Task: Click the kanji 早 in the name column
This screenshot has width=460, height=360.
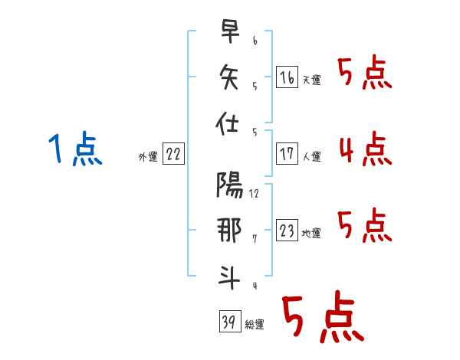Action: [x=229, y=32]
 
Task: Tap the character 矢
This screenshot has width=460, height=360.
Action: [x=229, y=77]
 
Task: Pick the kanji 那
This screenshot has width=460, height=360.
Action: [x=229, y=232]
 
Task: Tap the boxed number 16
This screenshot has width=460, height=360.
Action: [x=287, y=77]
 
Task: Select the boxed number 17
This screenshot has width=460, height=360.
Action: [x=287, y=153]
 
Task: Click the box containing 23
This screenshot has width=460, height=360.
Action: [x=287, y=231]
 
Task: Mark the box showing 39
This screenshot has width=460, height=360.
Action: [x=229, y=322]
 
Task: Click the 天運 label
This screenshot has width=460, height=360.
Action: [x=311, y=80]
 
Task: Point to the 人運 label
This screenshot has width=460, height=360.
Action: [x=311, y=156]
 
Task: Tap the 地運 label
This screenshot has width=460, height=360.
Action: [x=311, y=234]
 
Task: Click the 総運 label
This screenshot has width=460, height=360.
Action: [x=254, y=325]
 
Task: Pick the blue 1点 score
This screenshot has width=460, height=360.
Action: [x=74, y=149]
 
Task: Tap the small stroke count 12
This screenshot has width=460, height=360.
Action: [x=254, y=193]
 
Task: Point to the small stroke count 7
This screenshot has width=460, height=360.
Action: [x=254, y=238]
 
